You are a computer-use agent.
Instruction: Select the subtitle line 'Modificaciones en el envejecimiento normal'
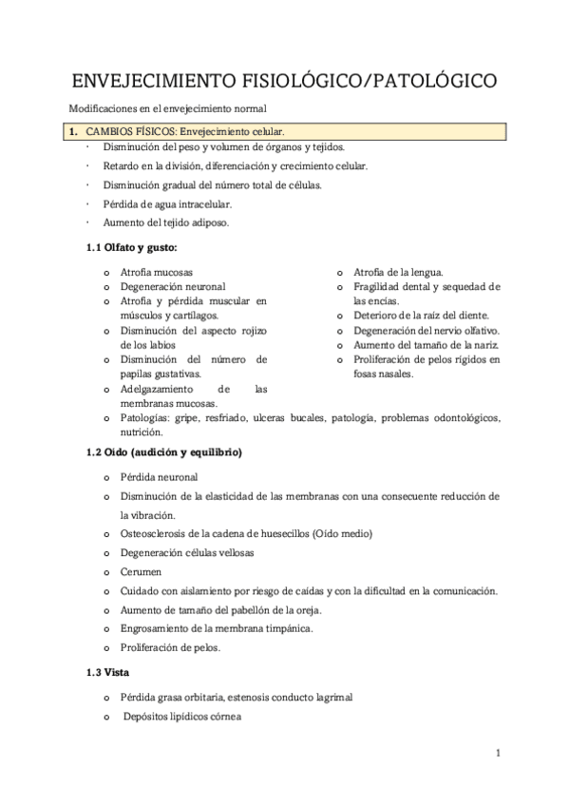pyautogui.click(x=168, y=109)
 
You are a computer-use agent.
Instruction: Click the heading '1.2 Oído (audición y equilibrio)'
pyautogui.click(x=164, y=452)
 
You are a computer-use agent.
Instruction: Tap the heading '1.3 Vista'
pyautogui.click(x=108, y=673)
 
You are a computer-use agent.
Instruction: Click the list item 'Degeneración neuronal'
pyautogui.click(x=172, y=286)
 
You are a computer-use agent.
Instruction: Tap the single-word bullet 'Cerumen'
pyautogui.click(x=142, y=572)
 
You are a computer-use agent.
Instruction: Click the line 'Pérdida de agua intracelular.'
pyautogui.click(x=167, y=204)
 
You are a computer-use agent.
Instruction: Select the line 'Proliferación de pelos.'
pyautogui.click(x=170, y=647)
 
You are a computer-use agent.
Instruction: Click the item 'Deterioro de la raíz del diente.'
pyautogui.click(x=421, y=315)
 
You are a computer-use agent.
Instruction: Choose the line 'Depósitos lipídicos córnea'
pyautogui.click(x=182, y=716)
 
